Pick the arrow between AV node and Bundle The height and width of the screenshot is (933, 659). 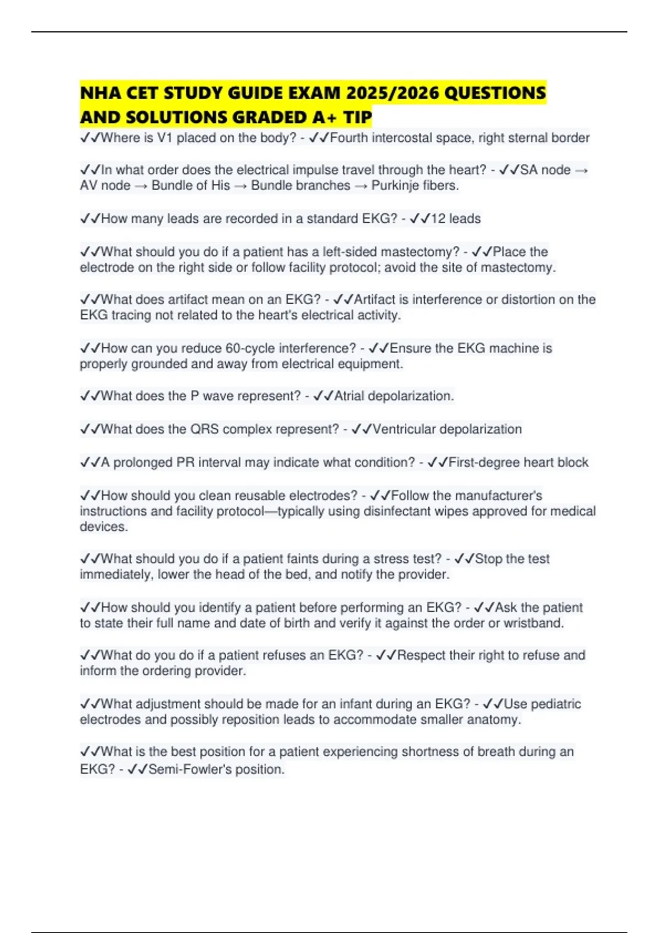click(x=141, y=186)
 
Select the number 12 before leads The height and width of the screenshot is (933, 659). click(x=438, y=218)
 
